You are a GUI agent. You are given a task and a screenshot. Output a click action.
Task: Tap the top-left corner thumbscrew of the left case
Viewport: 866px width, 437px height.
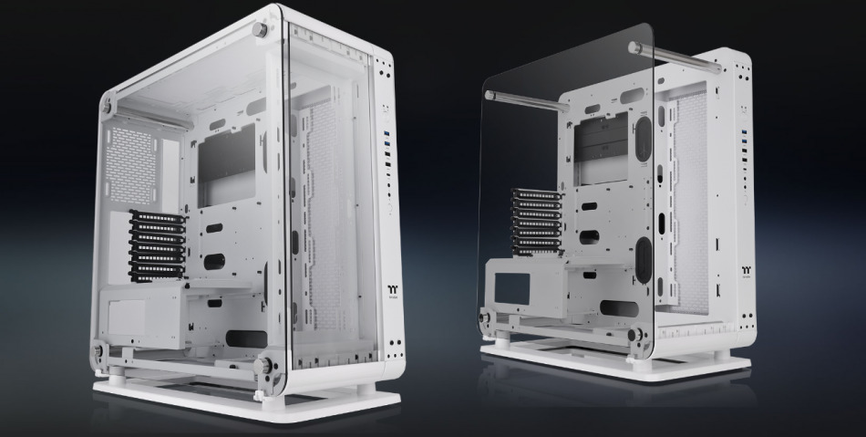(x=108, y=107)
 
